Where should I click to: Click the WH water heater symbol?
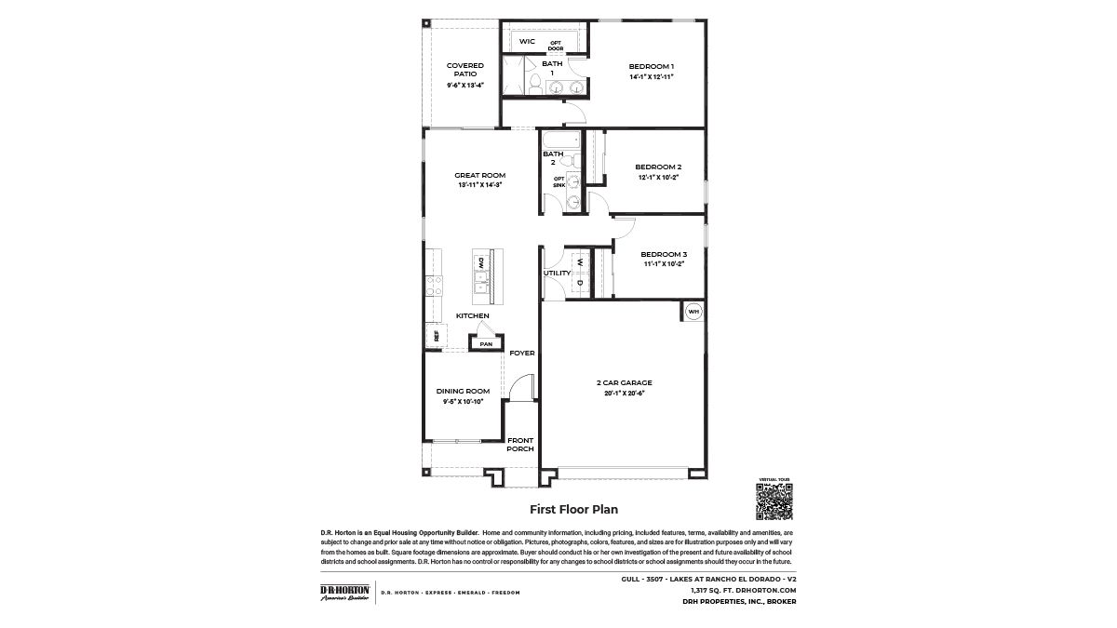[693, 311]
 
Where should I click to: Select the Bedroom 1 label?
[651, 66]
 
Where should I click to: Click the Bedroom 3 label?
[664, 254]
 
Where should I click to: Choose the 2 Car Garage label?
[624, 382]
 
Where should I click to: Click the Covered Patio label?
[464, 70]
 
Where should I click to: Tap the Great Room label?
[479, 175]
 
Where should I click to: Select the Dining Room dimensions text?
[464, 401]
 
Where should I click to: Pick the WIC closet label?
[527, 42]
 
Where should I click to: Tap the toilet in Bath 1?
[534, 86]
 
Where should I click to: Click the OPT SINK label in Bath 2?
[559, 181]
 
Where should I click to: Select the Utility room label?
[557, 273]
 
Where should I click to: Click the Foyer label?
[522, 354]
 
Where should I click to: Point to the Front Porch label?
[520, 444]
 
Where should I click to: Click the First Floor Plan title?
[573, 509]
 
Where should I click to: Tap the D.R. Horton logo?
[344, 593]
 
